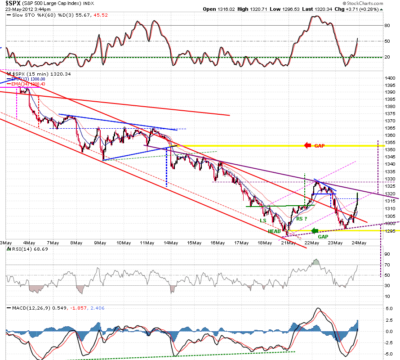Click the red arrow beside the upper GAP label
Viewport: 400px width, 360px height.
(308, 146)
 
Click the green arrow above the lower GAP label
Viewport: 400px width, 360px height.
(315, 231)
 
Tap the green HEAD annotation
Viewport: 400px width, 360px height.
(274, 231)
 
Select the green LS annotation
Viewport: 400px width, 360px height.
(263, 220)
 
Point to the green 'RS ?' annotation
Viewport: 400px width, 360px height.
(302, 219)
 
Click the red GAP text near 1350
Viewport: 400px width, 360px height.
(320, 146)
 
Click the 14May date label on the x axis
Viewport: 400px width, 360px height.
(171, 243)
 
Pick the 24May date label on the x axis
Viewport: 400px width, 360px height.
(359, 243)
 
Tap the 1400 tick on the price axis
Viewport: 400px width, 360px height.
(390, 78)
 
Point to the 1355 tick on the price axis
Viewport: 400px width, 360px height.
(390, 142)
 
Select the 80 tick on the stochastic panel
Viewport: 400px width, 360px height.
(387, 25)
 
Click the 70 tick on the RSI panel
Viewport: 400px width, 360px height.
(387, 265)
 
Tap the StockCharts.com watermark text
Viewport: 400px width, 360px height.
(365, 3)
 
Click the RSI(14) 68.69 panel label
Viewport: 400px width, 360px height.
(30, 249)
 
